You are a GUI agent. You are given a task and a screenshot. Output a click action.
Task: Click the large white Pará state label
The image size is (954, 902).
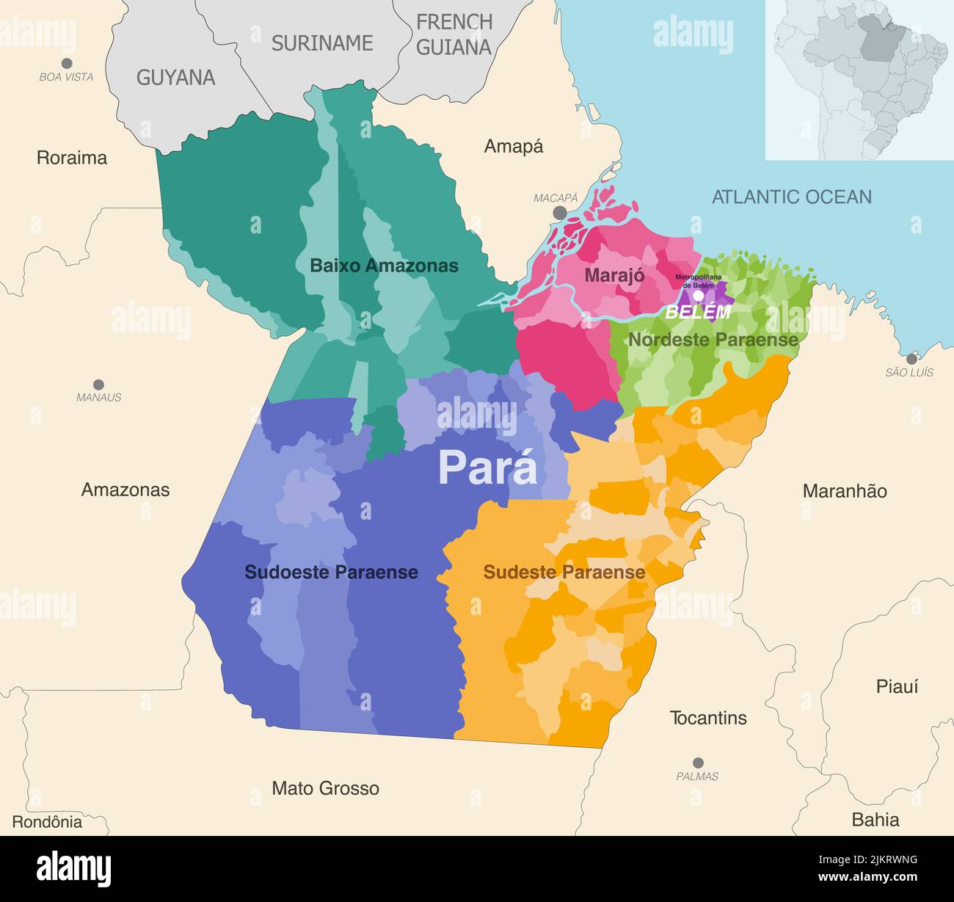(x=487, y=468)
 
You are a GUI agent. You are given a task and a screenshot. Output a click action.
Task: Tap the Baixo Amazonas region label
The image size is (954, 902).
(x=384, y=266)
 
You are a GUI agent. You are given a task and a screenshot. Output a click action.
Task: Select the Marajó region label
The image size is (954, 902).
(x=614, y=275)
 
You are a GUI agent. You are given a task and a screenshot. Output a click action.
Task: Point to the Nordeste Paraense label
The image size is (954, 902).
(x=713, y=340)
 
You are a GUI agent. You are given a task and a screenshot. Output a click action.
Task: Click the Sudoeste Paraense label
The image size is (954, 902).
(x=331, y=572)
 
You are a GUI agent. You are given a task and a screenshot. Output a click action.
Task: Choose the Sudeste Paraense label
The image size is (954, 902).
(x=564, y=572)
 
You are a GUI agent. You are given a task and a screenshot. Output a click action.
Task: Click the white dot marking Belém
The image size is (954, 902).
(x=699, y=296)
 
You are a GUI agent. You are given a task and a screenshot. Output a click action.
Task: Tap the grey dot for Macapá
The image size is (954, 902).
(x=560, y=212)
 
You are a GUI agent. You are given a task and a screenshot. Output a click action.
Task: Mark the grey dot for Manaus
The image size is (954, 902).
(x=98, y=385)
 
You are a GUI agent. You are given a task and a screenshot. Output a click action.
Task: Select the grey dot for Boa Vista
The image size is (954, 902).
(x=67, y=63)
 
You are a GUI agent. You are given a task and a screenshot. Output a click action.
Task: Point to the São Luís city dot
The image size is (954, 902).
(x=911, y=359)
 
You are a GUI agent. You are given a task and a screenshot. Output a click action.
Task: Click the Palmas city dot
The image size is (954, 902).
(x=698, y=763)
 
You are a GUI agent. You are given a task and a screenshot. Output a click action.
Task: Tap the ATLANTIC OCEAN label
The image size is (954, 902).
(x=792, y=197)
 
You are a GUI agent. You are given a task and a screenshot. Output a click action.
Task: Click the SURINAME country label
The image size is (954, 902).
(x=322, y=43)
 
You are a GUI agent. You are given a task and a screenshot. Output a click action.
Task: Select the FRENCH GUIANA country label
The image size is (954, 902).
(x=454, y=34)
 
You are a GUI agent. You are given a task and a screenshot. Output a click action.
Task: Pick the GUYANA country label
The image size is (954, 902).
(x=175, y=78)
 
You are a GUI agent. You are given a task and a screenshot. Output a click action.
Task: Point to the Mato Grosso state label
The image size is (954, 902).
(x=325, y=788)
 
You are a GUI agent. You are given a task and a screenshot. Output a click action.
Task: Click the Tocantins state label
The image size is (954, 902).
(x=707, y=718)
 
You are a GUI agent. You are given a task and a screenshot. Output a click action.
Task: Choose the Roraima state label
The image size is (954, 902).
(x=72, y=158)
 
